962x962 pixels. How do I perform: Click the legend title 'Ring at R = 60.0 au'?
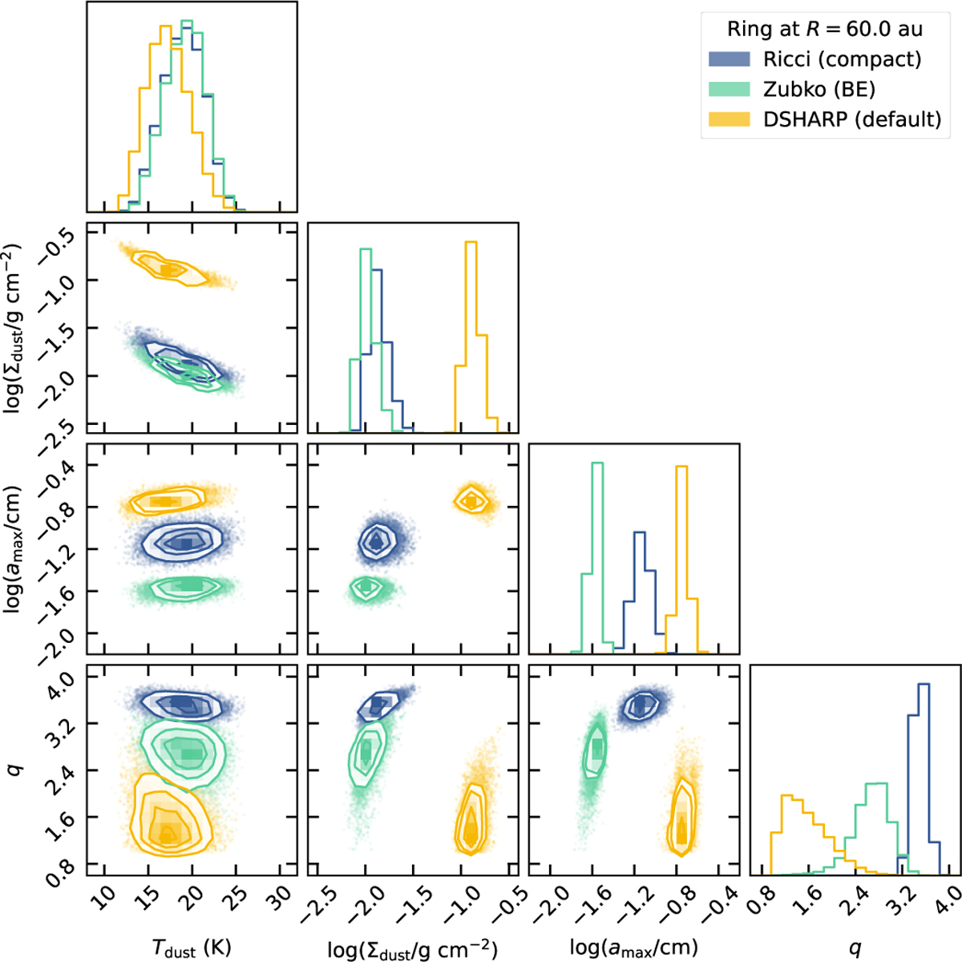(x=824, y=30)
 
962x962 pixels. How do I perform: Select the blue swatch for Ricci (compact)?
(x=729, y=59)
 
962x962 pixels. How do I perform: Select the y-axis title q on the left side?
(x=17, y=770)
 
